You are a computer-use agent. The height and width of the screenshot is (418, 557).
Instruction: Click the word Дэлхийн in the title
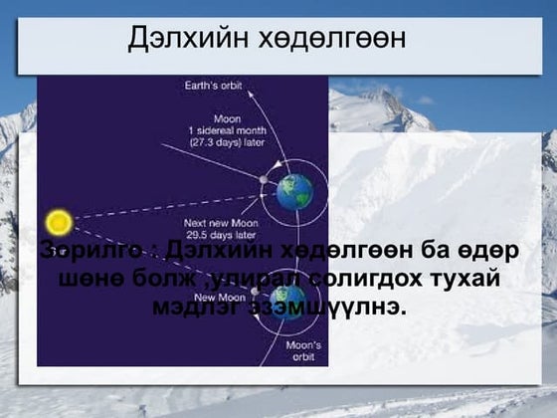[185, 39]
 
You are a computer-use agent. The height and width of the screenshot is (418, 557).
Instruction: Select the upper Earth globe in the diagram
[294, 191]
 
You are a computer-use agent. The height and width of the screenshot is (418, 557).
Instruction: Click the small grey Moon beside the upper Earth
[264, 180]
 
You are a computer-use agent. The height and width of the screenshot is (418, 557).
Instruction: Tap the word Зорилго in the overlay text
[94, 249]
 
